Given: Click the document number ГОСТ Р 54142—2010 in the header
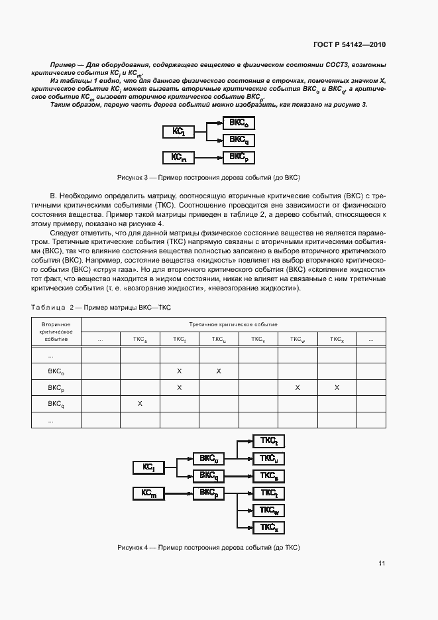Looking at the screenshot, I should pyautogui.click(x=349, y=45).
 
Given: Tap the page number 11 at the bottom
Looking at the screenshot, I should pyautogui.click(x=382, y=564).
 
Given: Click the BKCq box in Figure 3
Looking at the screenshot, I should pyautogui.click(x=239, y=139).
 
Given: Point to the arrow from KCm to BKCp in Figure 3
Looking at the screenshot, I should pyautogui.click(x=209, y=157).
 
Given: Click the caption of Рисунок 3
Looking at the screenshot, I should pyautogui.click(x=209, y=178).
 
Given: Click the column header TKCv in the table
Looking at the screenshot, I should pyautogui.click(x=258, y=340).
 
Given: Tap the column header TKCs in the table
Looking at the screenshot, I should pyautogui.click(x=140, y=340).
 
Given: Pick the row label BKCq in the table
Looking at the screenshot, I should pyautogui.click(x=56, y=403).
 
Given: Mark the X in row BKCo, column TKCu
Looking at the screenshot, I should pyautogui.click(x=219, y=371).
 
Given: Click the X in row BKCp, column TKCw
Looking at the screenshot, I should pyautogui.click(x=298, y=387).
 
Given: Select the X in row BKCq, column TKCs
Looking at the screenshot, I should pyautogui.click(x=140, y=403).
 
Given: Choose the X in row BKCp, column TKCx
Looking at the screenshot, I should pyautogui.click(x=337, y=387).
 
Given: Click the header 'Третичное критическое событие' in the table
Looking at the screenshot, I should pyautogui.click(x=233, y=324).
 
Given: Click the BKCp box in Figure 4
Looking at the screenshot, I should pyautogui.click(x=209, y=493).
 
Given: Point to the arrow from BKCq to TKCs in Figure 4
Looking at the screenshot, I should pyautogui.click(x=239, y=476).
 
